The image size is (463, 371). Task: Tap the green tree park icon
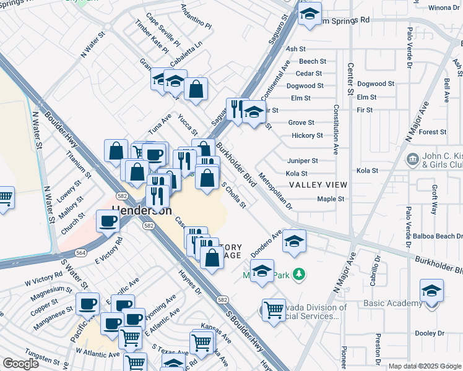pyautogui.click(x=299, y=274)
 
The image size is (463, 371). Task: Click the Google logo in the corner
pyautogui.click(x=20, y=364)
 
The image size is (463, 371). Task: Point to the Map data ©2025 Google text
pyautogui.click(x=425, y=366)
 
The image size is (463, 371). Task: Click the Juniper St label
pyautogui.click(x=302, y=160)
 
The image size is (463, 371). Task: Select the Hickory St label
pyautogui.click(x=307, y=135)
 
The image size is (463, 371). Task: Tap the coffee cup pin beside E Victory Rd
pyautogui.click(x=109, y=222)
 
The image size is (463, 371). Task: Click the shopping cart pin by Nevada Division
pyautogui.click(x=273, y=310)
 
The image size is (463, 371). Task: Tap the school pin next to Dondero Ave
pyautogui.click(x=294, y=242)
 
